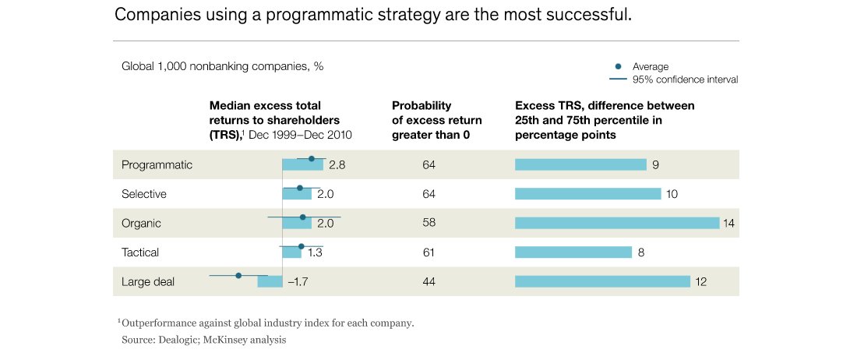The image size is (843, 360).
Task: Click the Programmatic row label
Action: point(157,164)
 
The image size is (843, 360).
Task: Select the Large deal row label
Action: point(147,282)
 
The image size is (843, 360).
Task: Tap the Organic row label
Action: point(141,223)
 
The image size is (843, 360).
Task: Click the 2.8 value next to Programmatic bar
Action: point(337,164)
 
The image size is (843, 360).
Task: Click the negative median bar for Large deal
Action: point(270,282)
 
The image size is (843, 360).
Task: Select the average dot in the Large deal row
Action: point(238,275)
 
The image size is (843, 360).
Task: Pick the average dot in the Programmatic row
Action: point(312,158)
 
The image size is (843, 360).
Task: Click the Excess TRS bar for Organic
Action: point(616,223)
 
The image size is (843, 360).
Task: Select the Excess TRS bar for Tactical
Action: point(573,252)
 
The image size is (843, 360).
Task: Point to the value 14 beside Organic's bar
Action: point(729,223)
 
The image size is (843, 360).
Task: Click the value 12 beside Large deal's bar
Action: point(700,282)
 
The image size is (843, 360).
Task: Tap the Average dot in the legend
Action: point(619,66)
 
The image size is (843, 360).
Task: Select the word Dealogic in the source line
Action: point(178,340)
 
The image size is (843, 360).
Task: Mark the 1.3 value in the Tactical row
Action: point(316,252)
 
